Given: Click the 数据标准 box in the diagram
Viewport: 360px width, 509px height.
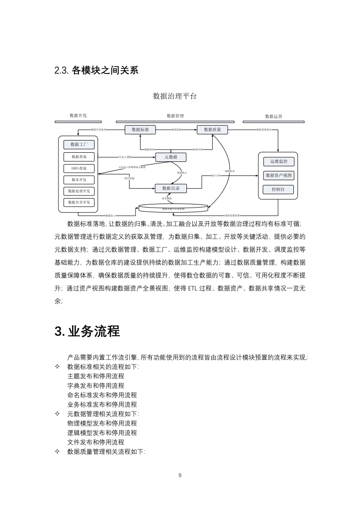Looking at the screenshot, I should (x=140, y=130).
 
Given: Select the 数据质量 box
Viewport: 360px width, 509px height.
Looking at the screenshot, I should (x=212, y=130).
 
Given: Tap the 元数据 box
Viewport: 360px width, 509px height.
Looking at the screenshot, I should (x=171, y=157).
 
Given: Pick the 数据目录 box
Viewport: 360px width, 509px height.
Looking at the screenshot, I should (x=171, y=188).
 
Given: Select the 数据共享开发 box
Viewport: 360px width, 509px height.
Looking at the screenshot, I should (x=79, y=202).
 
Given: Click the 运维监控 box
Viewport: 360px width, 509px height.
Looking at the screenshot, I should (x=278, y=161).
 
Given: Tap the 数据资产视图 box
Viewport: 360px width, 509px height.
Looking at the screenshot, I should (x=278, y=175).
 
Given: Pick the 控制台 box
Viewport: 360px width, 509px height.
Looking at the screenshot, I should (x=278, y=189).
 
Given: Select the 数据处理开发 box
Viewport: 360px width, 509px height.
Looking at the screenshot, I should (x=79, y=191).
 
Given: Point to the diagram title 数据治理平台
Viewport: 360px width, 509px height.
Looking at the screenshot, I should (x=175, y=96).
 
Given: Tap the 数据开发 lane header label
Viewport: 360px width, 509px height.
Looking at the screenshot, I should (x=78, y=116).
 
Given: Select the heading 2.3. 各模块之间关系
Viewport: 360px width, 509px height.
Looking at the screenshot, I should (x=96, y=70).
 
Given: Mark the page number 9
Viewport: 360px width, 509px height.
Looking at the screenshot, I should (x=180, y=475).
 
